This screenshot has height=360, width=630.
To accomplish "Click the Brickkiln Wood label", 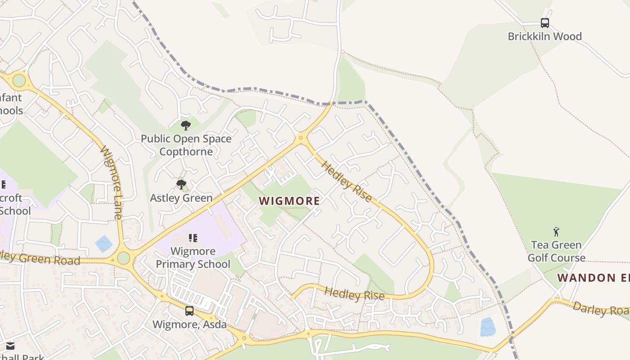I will click(x=544, y=36).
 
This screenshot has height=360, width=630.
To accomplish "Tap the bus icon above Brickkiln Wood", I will click(x=544, y=22).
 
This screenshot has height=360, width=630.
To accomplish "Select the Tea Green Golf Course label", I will click(x=556, y=251).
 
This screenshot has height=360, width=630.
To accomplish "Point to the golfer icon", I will click(x=556, y=232).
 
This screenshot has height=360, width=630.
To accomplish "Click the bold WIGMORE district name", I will click(x=289, y=201).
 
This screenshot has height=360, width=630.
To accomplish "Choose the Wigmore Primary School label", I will click(x=193, y=257).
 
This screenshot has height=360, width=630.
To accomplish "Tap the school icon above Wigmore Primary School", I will click(x=193, y=238).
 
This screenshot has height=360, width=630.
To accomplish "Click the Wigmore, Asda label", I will click(x=189, y=324).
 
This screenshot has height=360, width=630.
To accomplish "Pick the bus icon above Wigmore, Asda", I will click(x=189, y=310).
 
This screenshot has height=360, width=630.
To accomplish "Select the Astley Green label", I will click(x=181, y=198).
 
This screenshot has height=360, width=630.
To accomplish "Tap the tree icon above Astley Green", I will click(x=181, y=184).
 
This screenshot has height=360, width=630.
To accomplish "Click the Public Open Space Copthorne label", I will click(x=186, y=145).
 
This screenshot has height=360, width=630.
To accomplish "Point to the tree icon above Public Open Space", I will click(x=185, y=126).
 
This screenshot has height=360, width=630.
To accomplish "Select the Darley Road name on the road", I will click(x=601, y=308).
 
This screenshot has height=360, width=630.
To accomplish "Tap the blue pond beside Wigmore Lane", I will click(x=104, y=243).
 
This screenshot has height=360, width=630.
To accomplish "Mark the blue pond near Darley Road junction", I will click(x=487, y=327).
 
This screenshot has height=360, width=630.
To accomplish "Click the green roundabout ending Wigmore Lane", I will click(x=123, y=258).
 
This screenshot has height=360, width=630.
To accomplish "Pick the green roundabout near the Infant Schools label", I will click(x=19, y=81).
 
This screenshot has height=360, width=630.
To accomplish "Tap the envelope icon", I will click(x=10, y=346).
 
